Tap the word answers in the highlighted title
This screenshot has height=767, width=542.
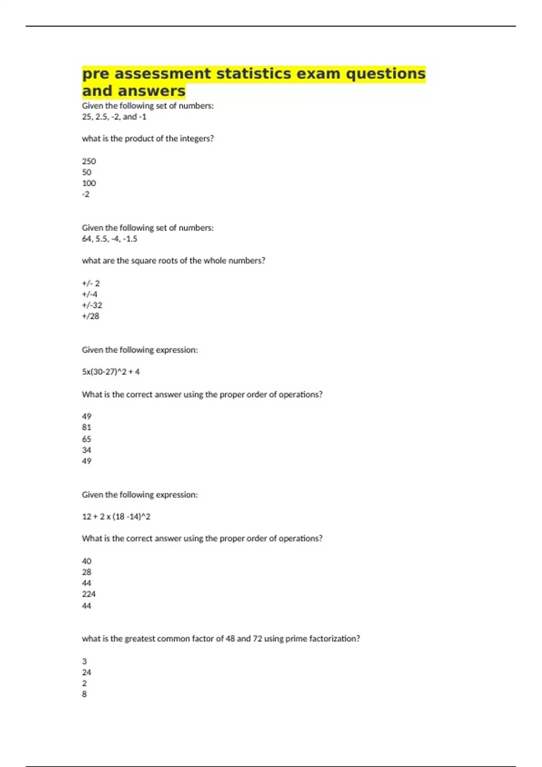tap(151, 91)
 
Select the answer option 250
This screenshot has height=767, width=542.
tap(89, 161)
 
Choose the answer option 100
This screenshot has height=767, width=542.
tap(89, 183)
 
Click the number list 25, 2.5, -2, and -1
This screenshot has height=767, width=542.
tap(114, 117)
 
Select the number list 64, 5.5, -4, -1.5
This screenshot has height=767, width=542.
tap(110, 239)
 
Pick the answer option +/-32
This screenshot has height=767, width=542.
tap(92, 305)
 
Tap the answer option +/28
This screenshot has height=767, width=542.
tap(90, 316)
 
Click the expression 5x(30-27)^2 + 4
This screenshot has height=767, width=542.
tap(111, 372)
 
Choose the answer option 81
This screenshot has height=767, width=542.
tap(87, 427)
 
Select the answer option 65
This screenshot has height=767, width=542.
tap(87, 439)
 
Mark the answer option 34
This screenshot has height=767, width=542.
tap(87, 450)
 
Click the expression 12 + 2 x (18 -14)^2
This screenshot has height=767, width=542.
tap(116, 517)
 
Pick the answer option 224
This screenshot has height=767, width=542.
tap(89, 594)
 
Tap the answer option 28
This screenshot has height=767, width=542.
tap(87, 572)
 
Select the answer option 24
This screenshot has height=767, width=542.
tap(87, 672)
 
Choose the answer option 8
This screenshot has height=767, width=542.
tap(84, 694)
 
